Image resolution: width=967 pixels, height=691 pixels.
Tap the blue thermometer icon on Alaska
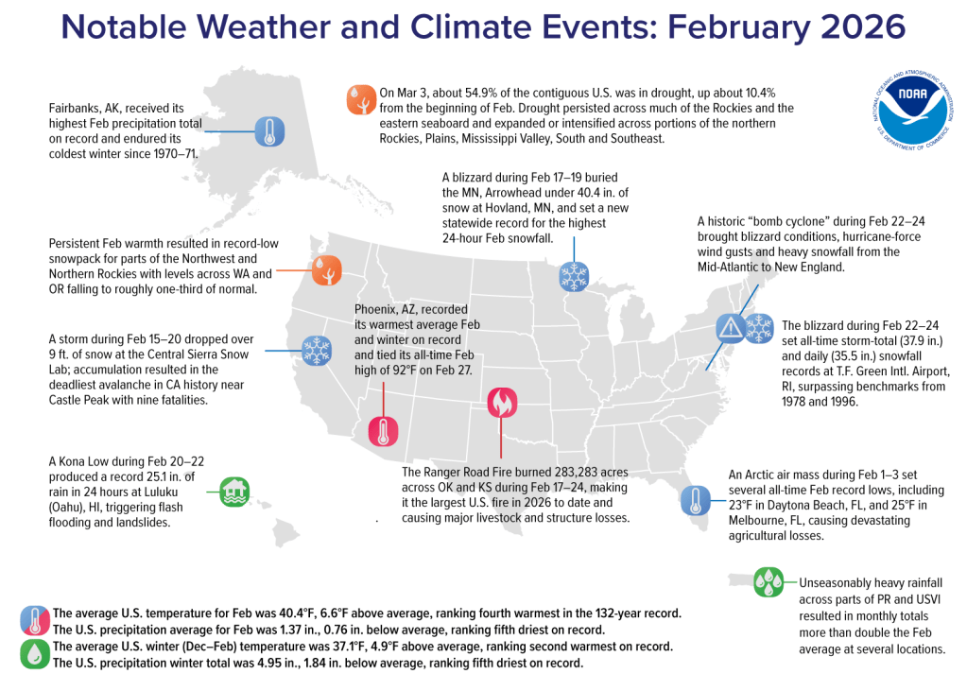[269, 131]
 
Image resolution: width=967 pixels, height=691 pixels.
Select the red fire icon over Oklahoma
[500, 405]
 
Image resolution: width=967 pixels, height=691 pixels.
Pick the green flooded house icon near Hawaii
[234, 491]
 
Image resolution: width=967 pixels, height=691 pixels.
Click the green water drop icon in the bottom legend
[36, 655]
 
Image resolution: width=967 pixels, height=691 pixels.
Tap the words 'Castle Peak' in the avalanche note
[91, 400]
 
